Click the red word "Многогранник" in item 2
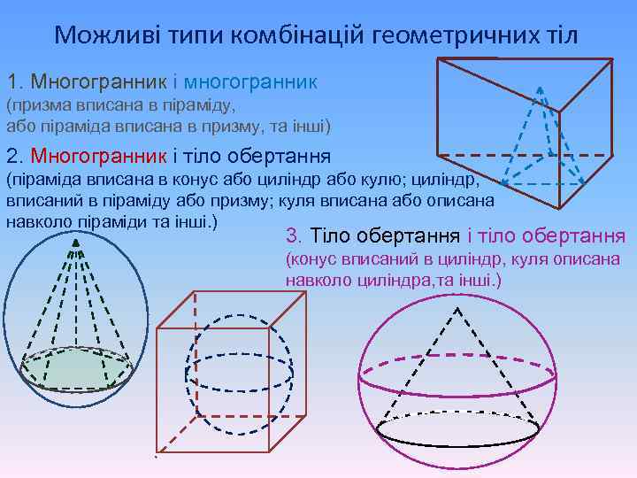coord(98,157)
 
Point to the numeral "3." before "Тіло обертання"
coord(295,236)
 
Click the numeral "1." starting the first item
coord(16,82)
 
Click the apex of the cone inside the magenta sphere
coord(457,309)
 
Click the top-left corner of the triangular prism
coord(440,59)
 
